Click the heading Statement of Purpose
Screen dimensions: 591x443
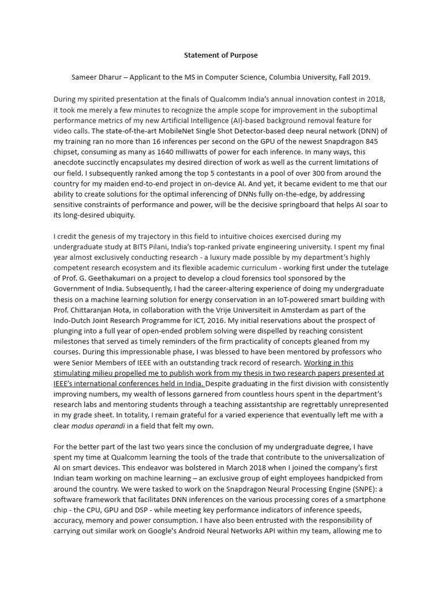221,55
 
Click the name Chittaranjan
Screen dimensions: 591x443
95,310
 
